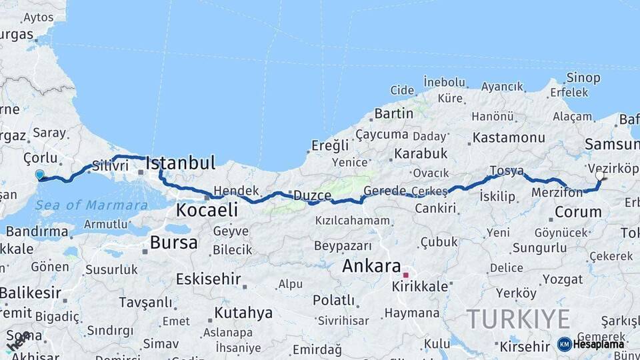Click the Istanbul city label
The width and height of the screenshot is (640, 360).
[180, 163]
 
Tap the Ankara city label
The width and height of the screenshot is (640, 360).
[371, 265]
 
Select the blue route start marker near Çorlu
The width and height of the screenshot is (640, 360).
[39, 175]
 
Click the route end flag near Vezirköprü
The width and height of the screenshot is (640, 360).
[601, 177]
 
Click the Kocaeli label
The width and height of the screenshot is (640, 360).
[207, 210]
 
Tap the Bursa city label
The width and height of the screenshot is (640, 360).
[173, 243]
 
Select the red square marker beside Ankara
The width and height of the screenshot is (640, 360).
[405, 275]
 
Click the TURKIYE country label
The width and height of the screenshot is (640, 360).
[518, 319]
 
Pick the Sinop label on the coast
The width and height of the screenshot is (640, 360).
[583, 78]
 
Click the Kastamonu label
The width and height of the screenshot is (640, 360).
[508, 138]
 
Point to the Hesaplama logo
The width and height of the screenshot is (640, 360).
[591, 344]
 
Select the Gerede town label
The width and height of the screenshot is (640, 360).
[385, 191]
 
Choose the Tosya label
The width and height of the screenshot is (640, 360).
[506, 171]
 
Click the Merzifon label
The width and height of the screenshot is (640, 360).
[557, 193]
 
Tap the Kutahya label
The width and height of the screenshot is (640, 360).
[243, 312]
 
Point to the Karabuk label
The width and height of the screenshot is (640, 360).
[421, 153]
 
